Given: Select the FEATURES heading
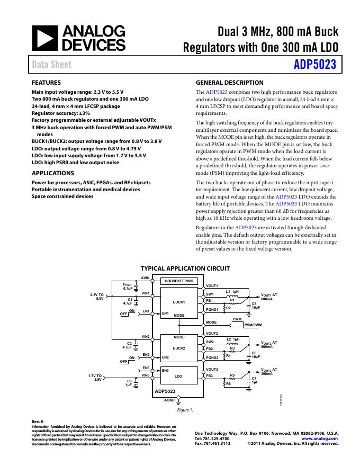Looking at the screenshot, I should pyautogui.click(x=47, y=83).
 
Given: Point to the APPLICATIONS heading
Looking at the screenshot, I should pyautogui.click(x=53, y=173).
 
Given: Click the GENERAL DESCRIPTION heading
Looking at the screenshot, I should pyautogui.click(x=229, y=83).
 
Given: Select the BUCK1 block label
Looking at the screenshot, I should pyautogui.click(x=178, y=302).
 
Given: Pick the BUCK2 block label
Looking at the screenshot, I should pyautogui.click(x=178, y=348).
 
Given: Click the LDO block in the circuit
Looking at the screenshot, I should pyautogui.click(x=178, y=376).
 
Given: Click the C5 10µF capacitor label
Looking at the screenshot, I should pyautogui.click(x=255, y=306).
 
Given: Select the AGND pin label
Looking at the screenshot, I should pyautogui.click(x=169, y=400).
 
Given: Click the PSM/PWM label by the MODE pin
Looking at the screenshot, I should pyautogui.click(x=253, y=325).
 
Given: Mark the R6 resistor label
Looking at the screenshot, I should pyautogui.click(x=228, y=383).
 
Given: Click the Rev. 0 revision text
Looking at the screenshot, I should pyautogui.click(x=38, y=422).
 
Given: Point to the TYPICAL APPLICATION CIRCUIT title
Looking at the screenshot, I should pyautogui.click(x=185, y=268).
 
